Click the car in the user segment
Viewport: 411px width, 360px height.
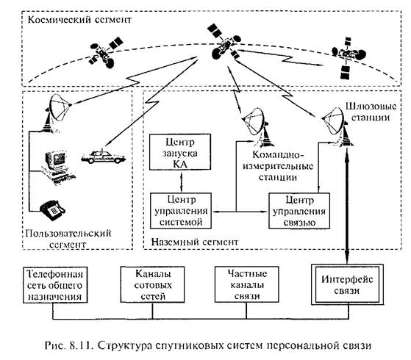(103, 156)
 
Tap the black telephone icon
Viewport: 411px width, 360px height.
(52, 209)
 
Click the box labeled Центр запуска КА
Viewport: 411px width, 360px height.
(180, 152)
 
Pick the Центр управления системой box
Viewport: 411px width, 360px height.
(181, 211)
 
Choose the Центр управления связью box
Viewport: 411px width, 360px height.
(299, 211)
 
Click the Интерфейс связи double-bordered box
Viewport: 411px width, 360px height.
(347, 285)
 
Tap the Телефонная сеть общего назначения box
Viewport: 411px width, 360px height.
(55, 285)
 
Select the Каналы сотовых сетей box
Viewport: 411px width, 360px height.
(152, 285)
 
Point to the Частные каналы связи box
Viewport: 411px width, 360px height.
(246, 284)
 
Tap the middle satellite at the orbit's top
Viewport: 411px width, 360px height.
(224, 43)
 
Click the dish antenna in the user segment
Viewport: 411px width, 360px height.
(58, 112)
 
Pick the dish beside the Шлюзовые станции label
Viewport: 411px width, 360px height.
(337, 126)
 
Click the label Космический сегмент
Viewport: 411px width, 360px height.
(79, 20)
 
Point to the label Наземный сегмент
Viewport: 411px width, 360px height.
(195, 242)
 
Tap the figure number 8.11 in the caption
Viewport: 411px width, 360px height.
(80, 345)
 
